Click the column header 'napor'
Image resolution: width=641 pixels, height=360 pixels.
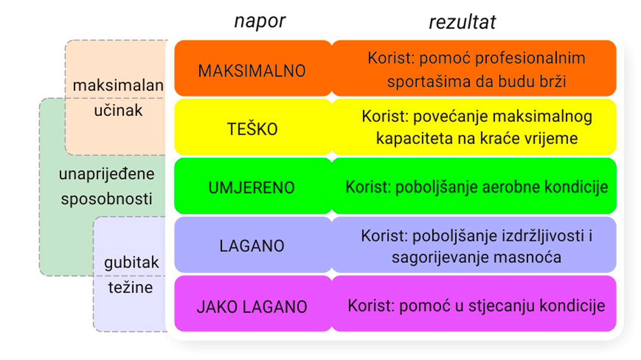(260, 21)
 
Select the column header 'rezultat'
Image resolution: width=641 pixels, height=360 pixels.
(462, 22)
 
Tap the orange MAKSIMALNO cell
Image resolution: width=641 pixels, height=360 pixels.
(252, 71)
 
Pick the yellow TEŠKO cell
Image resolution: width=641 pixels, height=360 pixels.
(252, 129)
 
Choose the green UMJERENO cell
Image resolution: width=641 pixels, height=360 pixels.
(252, 188)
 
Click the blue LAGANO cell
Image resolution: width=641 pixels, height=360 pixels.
(252, 246)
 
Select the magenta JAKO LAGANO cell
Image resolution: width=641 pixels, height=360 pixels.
(252, 307)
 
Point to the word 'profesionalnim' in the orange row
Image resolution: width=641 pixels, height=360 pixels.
(530, 58)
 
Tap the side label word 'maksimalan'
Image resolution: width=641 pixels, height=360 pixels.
(118, 85)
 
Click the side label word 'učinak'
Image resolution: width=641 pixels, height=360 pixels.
(118, 111)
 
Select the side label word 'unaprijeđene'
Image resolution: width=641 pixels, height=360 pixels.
(106, 174)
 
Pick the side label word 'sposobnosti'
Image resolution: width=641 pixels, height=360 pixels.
(106, 199)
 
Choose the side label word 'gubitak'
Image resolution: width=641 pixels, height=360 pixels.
(131, 263)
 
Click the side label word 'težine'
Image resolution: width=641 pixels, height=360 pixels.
(131, 287)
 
